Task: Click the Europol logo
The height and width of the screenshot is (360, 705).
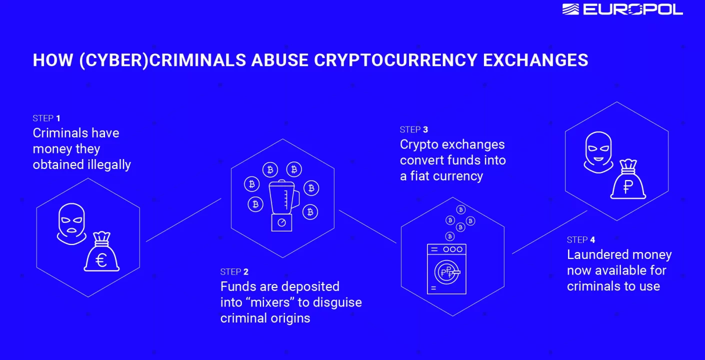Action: click(622, 9)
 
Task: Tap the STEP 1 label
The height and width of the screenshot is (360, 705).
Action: click(46, 118)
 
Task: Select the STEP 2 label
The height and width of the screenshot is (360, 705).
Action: click(234, 272)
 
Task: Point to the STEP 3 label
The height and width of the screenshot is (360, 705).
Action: click(413, 130)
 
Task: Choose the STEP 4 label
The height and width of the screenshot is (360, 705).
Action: click(580, 240)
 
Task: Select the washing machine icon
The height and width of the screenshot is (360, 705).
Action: click(446, 268)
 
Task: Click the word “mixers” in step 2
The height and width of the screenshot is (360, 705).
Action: click(268, 302)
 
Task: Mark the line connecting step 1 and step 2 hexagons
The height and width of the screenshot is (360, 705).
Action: click(183, 220)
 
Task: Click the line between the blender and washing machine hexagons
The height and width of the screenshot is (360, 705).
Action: click(367, 226)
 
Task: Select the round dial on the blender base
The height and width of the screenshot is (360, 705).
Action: click(281, 222)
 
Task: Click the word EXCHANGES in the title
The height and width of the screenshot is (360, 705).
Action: click(535, 60)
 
